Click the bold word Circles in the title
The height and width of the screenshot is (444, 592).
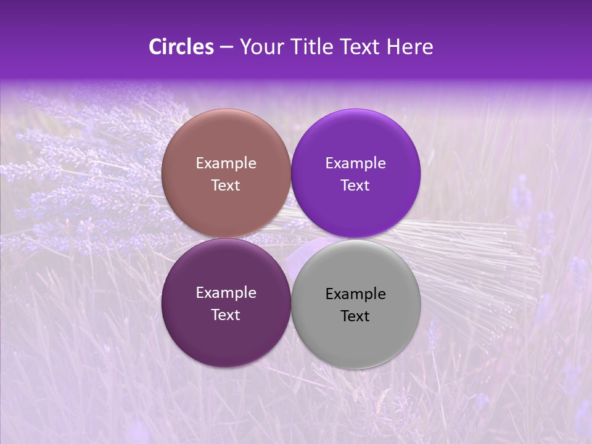[x=181, y=47]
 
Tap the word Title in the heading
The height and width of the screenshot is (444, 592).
[x=312, y=47]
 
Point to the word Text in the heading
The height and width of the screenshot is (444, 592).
[x=360, y=47]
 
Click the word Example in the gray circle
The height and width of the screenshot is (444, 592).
[x=356, y=294]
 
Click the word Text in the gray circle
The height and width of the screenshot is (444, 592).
[x=355, y=316]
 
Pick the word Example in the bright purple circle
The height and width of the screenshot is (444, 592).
[x=356, y=163]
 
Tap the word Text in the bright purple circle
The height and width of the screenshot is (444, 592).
[x=355, y=186]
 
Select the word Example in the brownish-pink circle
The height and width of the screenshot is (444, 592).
[x=226, y=163]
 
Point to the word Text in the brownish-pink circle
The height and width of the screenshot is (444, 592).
[x=226, y=186]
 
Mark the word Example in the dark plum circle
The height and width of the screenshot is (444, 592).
[x=226, y=293]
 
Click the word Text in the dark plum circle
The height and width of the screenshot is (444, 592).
[x=226, y=315]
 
